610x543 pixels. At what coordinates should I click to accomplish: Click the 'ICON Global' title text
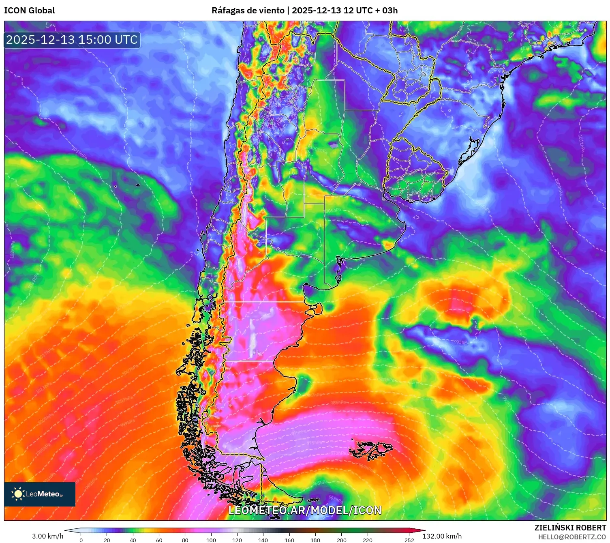[x=29, y=11]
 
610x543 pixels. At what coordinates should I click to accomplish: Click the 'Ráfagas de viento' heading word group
[x=248, y=11]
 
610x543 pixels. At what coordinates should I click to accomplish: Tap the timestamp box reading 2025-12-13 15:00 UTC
[x=72, y=40]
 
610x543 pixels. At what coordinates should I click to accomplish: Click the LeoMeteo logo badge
[x=40, y=494]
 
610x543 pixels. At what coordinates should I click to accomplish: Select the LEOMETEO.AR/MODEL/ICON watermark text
[x=305, y=510]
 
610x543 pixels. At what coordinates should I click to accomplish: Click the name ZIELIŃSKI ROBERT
[x=570, y=528]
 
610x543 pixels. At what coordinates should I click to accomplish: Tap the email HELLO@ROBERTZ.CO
[x=572, y=537]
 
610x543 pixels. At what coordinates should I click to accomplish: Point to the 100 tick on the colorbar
[x=211, y=540]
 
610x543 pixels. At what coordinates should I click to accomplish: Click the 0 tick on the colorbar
[x=81, y=540]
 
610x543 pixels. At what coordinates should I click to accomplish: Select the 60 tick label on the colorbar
[x=159, y=540]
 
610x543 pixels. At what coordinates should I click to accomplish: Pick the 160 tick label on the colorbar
[x=289, y=540]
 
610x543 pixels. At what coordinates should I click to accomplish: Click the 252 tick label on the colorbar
[x=409, y=540]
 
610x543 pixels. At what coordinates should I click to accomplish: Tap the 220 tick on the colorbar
[x=368, y=540]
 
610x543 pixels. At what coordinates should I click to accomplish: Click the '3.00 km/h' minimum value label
[x=48, y=536]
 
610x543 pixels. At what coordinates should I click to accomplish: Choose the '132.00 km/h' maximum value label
[x=442, y=536]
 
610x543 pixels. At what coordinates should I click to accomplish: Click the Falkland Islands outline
[x=371, y=449]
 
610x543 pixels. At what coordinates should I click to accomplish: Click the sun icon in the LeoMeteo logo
[x=18, y=494]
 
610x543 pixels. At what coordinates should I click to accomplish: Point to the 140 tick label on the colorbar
[x=263, y=540]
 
